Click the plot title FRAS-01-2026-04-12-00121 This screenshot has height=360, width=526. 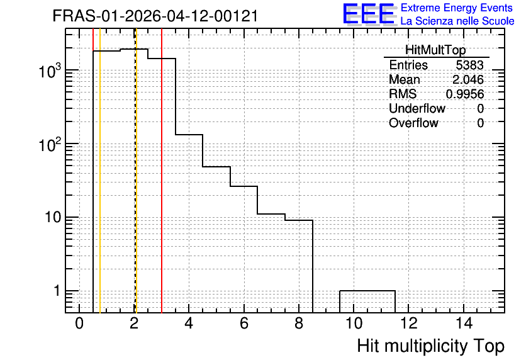tap(155, 16)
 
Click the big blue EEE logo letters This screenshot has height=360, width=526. tap(369, 14)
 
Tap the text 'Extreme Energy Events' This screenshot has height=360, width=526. tap(457, 8)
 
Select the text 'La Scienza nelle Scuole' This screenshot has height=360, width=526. tap(457, 21)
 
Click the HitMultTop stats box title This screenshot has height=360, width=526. tap(435, 50)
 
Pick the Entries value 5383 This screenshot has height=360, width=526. tap(469, 65)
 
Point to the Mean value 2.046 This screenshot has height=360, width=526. tap(468, 79)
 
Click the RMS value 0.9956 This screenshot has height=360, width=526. tap(465, 94)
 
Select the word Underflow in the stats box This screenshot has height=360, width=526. tap(417, 108)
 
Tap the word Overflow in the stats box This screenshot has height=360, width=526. tap(413, 123)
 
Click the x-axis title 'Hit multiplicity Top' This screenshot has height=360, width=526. tap(431, 346)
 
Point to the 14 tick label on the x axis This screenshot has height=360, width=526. tap(464, 323)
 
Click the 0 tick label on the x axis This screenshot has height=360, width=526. tap(79, 323)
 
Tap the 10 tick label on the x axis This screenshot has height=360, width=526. tap(354, 323)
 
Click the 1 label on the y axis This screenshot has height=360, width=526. tap(57, 291)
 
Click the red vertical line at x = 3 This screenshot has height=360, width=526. tap(162, 171)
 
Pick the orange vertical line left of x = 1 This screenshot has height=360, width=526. tap(100, 171)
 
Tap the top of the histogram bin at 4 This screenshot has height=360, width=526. tap(189, 135)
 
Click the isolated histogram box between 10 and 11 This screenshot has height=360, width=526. tap(367, 291)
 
